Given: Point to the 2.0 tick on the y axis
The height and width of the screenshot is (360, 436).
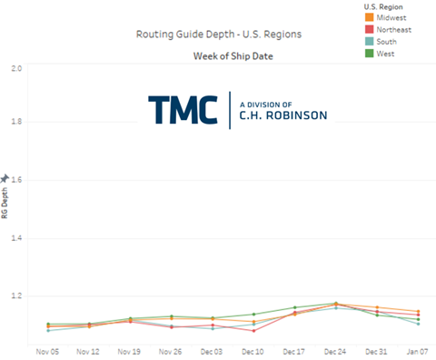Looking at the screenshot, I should (15, 69).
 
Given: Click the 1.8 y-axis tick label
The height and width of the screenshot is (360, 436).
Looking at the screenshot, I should (15, 122).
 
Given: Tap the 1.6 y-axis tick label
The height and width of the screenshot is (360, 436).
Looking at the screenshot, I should (15, 180).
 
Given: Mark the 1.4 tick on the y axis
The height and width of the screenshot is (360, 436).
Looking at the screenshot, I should (15, 238).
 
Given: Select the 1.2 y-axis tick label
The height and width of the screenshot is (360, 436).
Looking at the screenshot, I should (15, 296).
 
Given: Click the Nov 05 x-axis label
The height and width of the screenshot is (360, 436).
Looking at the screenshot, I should (48, 349).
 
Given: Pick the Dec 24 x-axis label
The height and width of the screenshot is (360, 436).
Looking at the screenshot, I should (335, 349).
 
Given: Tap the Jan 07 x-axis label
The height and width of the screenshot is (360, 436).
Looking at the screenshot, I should (417, 349).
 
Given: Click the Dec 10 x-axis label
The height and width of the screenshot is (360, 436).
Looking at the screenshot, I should (253, 349).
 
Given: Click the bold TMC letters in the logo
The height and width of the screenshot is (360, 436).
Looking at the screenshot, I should (183, 108).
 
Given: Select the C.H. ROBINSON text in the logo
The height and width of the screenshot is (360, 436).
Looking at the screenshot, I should (282, 115).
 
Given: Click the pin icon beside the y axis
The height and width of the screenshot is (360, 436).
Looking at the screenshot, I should (5, 178).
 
